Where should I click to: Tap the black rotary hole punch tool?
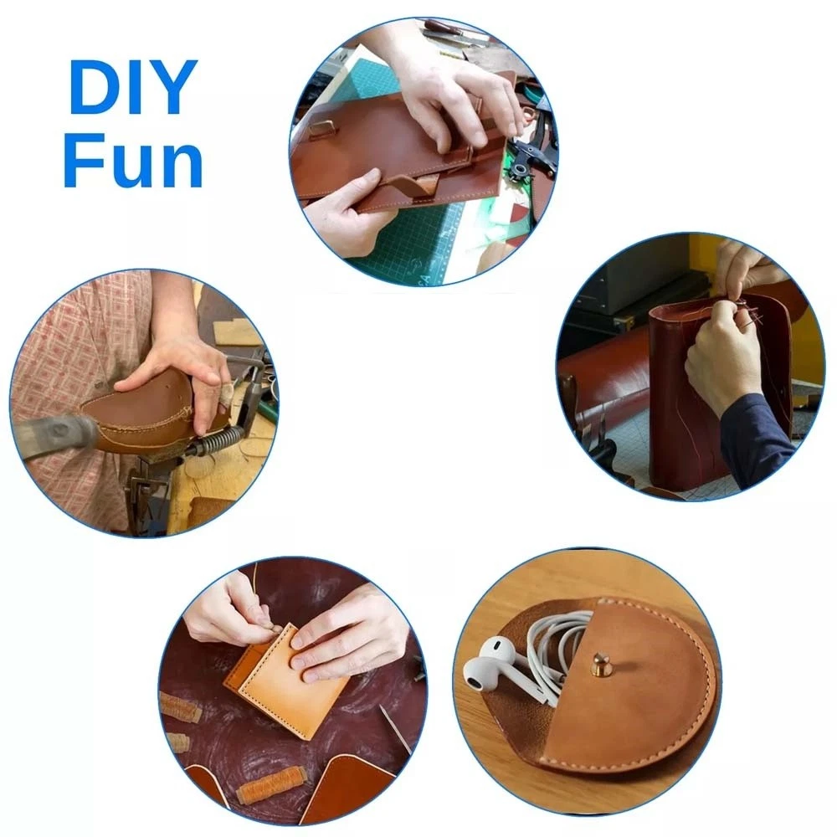[526, 155]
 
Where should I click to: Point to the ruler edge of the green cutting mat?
[454, 235]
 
